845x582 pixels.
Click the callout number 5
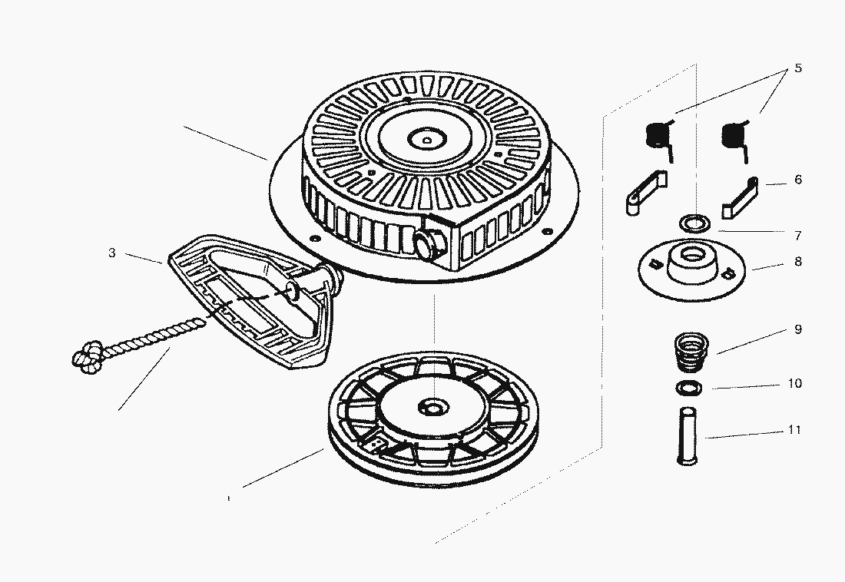tap(797, 68)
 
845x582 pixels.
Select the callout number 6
tap(798, 180)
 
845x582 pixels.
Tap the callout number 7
tap(798, 236)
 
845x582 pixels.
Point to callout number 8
tap(798, 261)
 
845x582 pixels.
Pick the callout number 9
tap(798, 329)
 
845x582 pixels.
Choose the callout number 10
tap(795, 383)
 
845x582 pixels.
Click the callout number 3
tap(111, 253)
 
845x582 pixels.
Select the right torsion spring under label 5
tap(735, 138)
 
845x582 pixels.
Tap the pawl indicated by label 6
tap(741, 197)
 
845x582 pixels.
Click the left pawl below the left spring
tap(646, 192)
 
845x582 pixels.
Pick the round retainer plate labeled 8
tap(691, 270)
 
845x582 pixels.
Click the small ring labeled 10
tap(689, 387)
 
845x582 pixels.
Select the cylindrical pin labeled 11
tap(687, 435)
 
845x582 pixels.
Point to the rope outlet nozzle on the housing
tap(429, 243)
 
